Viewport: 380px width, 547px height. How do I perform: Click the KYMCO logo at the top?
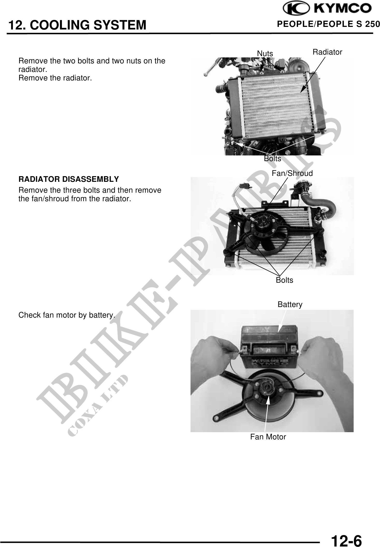[x=327, y=9]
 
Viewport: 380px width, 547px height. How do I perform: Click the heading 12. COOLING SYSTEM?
[x=77, y=25]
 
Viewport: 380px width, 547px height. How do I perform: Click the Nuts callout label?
[x=265, y=54]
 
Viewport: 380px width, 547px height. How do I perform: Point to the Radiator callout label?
[x=327, y=52]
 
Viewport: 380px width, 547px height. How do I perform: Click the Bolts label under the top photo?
[x=272, y=159]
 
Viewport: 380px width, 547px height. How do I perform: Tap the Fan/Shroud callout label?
[x=292, y=173]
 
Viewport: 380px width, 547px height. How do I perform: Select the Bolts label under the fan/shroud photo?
[x=284, y=280]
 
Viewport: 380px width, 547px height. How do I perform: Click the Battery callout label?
[x=290, y=304]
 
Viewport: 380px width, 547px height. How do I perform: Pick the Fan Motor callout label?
[x=268, y=437]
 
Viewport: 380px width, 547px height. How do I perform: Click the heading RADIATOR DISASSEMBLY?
[x=69, y=179]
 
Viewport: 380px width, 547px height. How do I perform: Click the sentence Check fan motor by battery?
[x=67, y=315]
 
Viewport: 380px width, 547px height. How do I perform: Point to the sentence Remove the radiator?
[x=55, y=78]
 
